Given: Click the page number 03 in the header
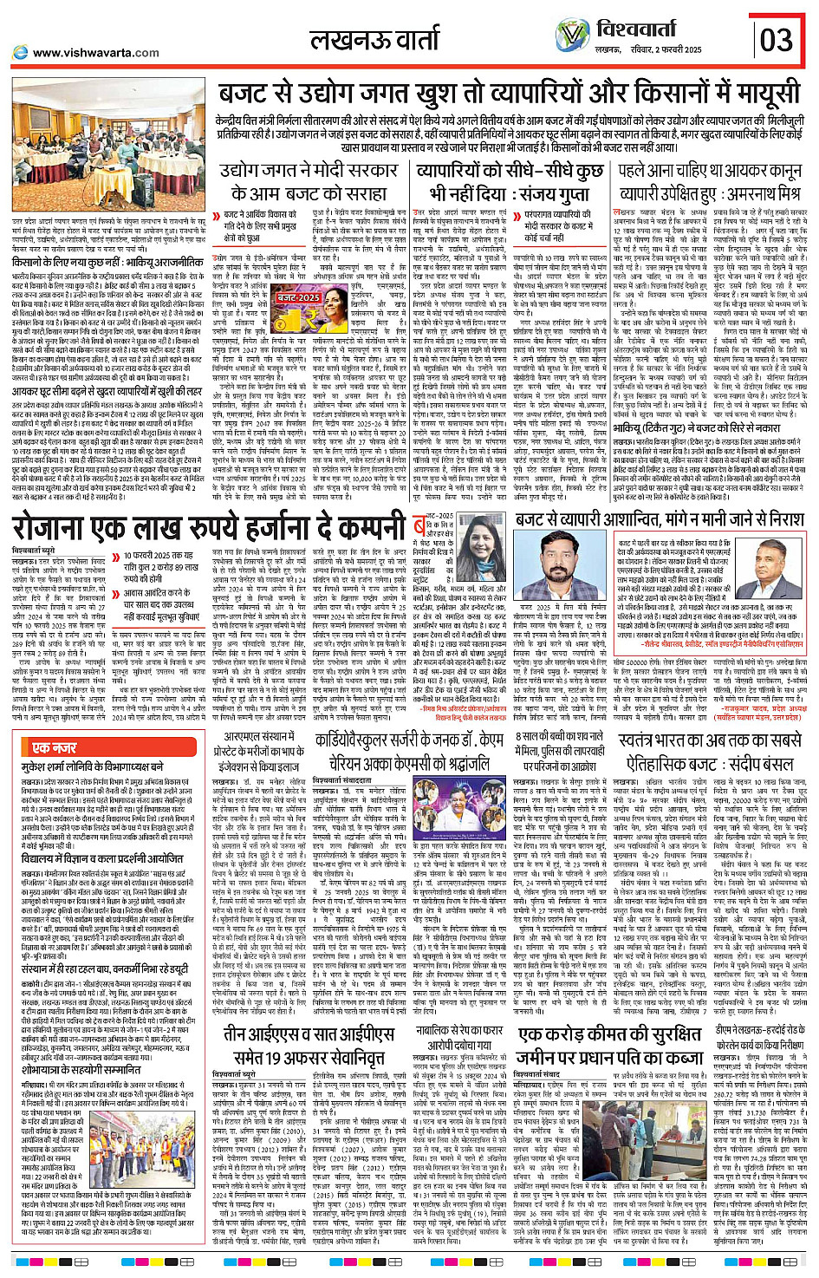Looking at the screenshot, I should [776, 39].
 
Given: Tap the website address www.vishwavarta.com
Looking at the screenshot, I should [95, 53].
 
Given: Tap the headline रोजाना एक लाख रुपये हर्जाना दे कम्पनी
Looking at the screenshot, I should [209, 530].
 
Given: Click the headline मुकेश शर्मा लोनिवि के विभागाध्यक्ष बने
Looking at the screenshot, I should [93, 767].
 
